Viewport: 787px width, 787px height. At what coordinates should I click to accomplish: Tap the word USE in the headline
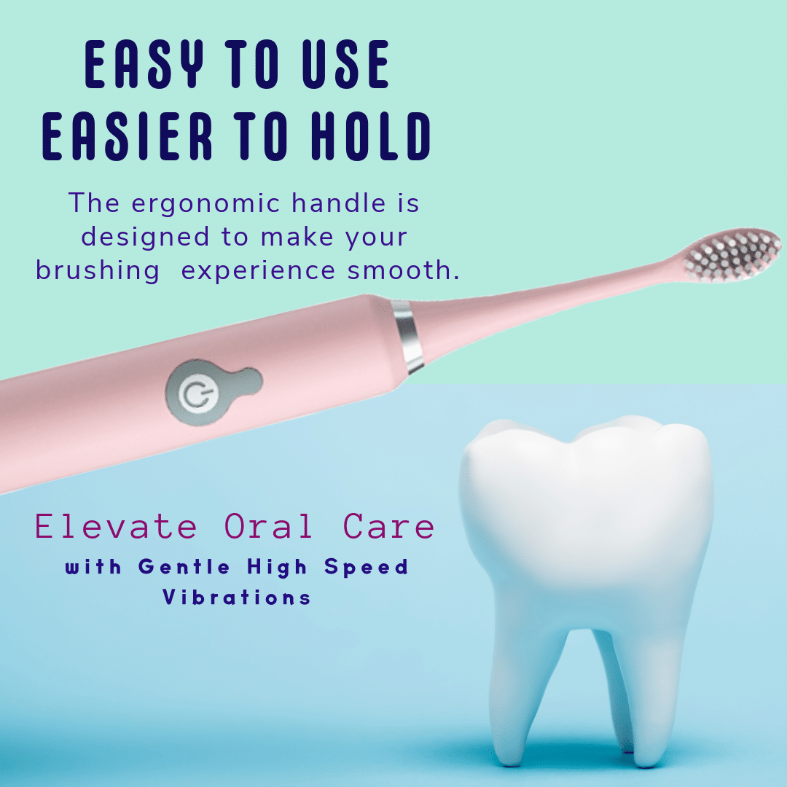346,64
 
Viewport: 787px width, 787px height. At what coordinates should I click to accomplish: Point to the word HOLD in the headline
370,136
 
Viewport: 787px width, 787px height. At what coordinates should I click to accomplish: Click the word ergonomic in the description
205,204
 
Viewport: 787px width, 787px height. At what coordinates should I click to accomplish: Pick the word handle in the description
339,203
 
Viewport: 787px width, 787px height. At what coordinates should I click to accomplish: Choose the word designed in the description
145,238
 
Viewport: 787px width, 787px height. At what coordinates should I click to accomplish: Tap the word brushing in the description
98,270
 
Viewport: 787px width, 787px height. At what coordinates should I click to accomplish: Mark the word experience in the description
258,272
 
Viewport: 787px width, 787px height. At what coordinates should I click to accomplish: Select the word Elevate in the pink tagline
116,527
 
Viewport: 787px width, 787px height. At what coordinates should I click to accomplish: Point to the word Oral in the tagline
268,527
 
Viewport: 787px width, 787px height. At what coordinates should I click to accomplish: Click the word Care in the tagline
388,527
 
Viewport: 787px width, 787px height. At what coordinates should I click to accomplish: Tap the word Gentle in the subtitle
184,567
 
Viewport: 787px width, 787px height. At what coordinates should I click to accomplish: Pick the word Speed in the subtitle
367,568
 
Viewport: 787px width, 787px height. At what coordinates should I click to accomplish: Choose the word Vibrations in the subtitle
236,597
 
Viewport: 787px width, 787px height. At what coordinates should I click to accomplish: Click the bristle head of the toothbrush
731,255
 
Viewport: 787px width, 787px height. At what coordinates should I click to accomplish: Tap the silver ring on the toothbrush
409,336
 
